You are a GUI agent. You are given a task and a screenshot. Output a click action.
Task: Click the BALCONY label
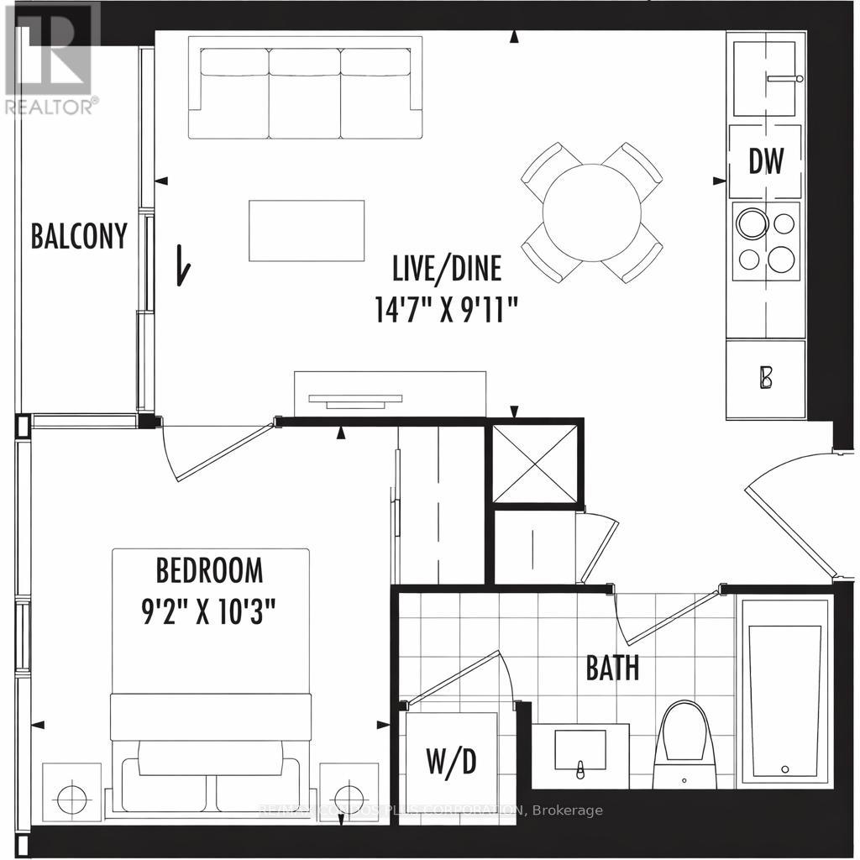point(79,236)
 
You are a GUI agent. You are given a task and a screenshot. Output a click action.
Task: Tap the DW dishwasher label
point(766,161)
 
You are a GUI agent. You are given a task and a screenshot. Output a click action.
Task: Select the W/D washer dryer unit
point(452,761)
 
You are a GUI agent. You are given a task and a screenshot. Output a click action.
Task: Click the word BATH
point(612,669)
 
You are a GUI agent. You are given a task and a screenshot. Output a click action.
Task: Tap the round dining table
point(591,212)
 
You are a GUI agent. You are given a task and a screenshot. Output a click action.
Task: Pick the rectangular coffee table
point(307,230)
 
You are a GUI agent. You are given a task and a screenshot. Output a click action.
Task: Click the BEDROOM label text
point(209,571)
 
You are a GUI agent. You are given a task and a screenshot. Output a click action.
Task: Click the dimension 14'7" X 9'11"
point(446,310)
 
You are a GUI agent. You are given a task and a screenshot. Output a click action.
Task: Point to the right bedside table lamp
point(348,795)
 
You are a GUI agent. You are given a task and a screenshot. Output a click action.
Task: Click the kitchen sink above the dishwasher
point(768,79)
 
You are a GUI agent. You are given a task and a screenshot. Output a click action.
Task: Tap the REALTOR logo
point(51,59)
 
